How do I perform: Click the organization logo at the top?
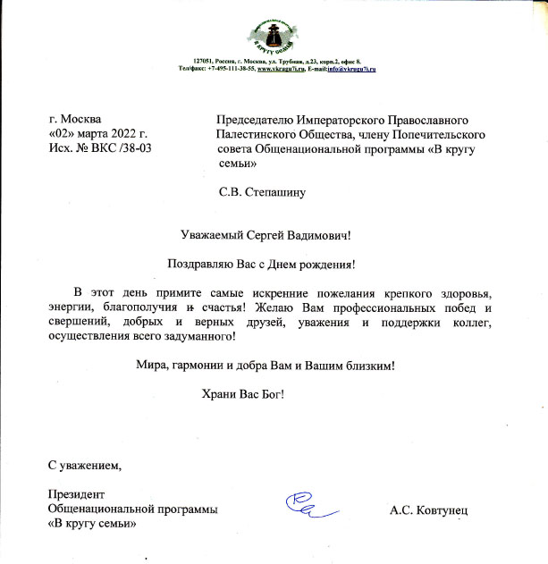pyautogui.click(x=274, y=33)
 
